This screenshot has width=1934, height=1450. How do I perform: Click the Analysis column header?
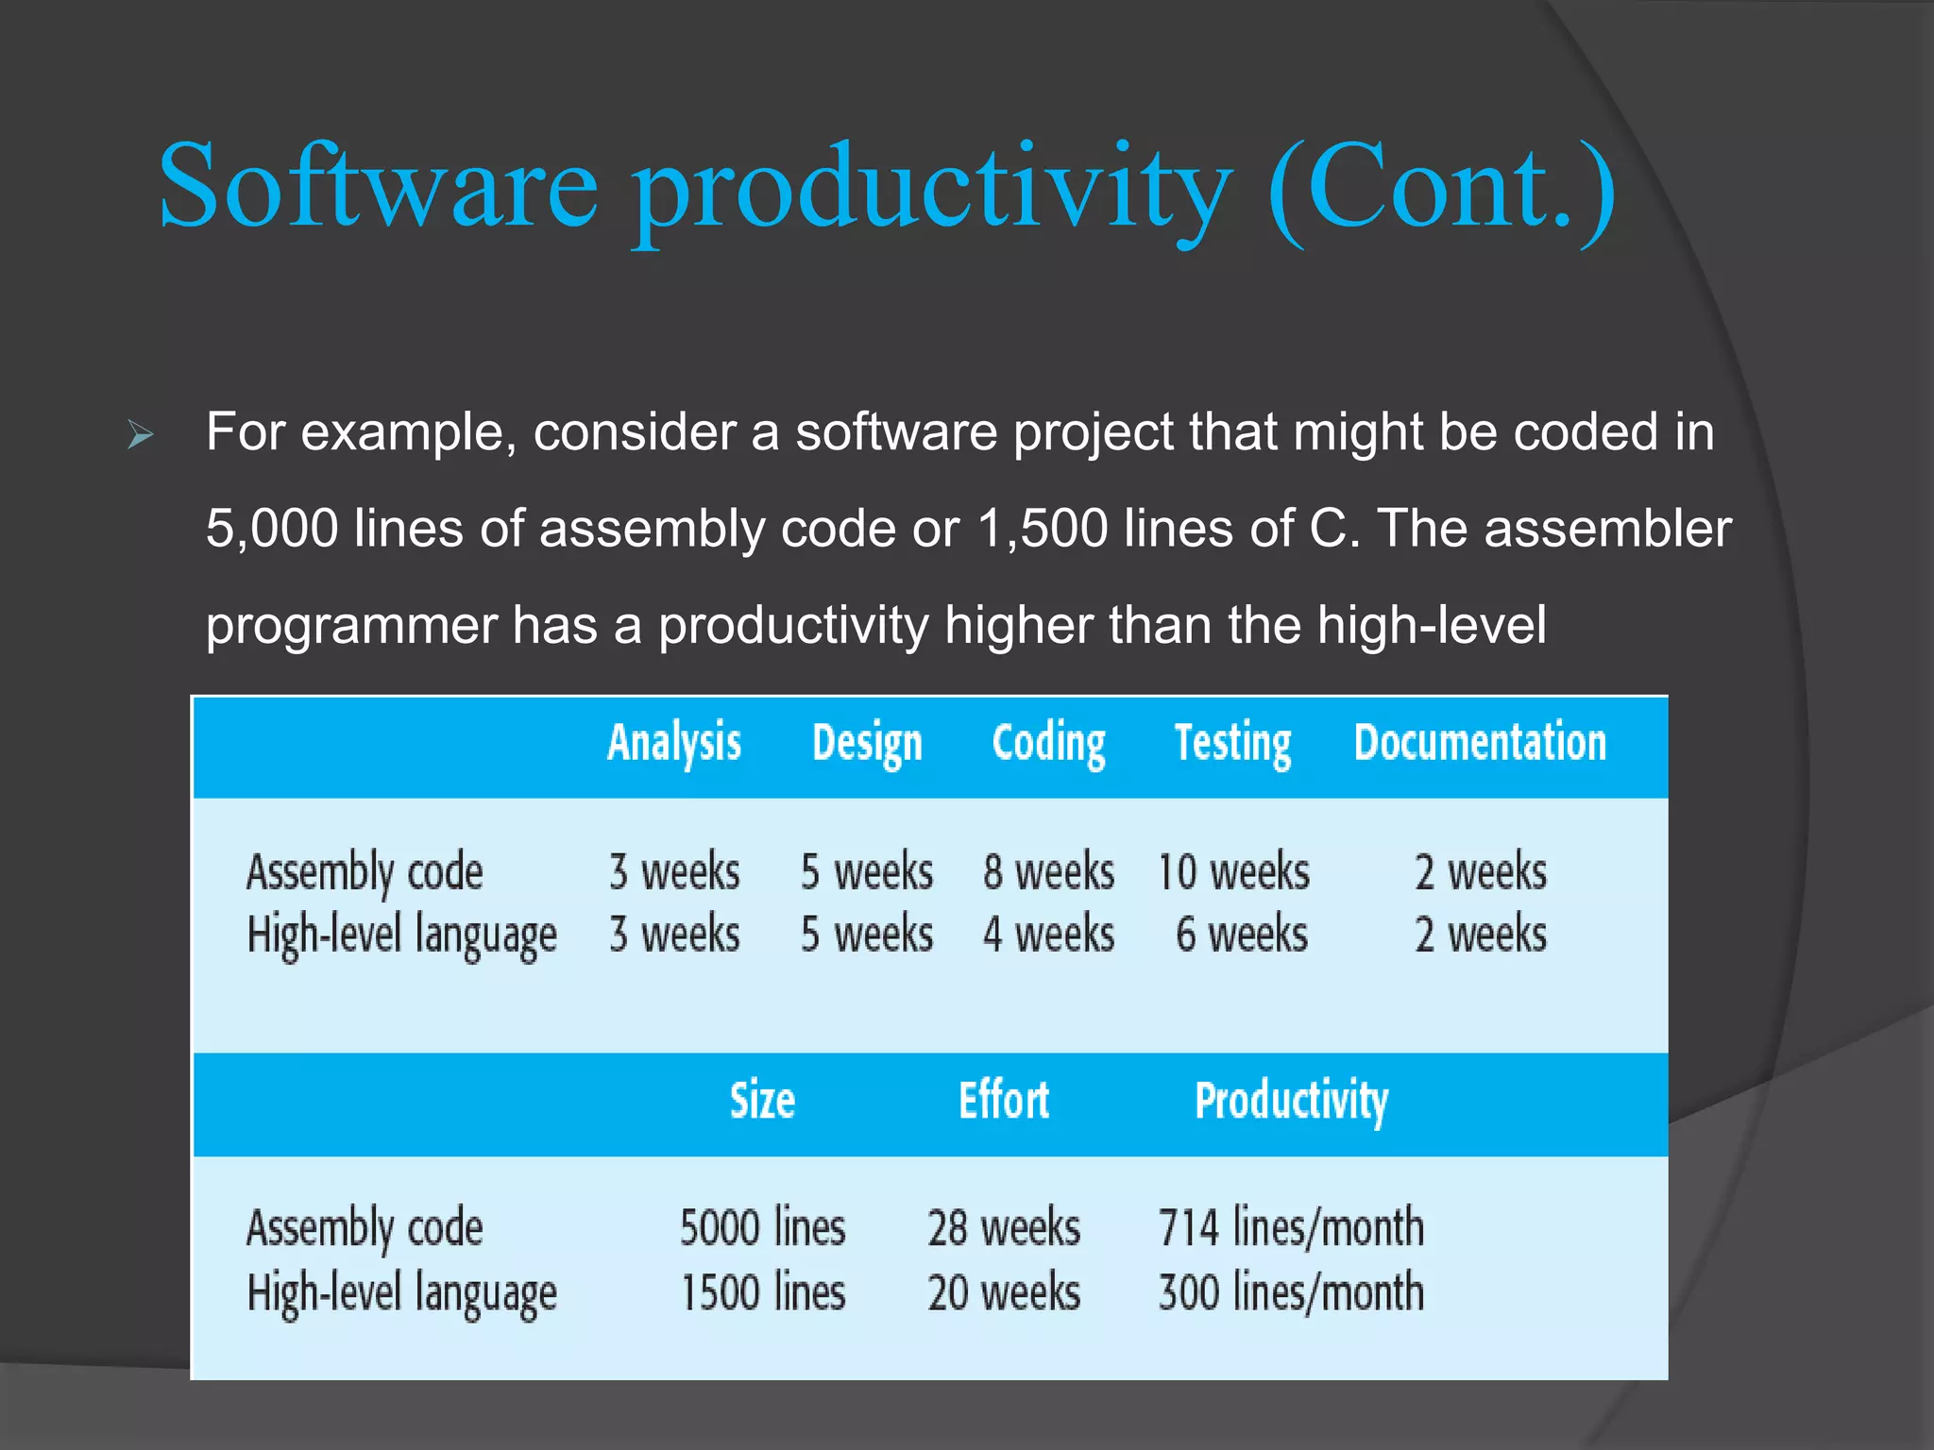coord(674,743)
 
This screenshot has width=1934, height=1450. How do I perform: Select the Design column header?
coord(867,743)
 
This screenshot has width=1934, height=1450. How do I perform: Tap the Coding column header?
coord(1048,743)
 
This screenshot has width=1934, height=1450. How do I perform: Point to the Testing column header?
coord(1232,743)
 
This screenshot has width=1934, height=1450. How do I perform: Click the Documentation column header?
coord(1480,743)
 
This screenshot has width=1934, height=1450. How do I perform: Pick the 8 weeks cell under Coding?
coord(1048,871)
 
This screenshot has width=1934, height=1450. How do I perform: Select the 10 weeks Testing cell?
coord(1233,871)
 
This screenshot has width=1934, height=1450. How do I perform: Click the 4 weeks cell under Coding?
coord(1048,935)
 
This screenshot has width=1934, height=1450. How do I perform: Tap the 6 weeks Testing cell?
coord(1242,935)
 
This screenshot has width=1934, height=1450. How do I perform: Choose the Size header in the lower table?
coord(762,1101)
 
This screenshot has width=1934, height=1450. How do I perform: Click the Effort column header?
coord(1004,1101)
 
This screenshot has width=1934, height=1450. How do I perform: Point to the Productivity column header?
coord(1291,1101)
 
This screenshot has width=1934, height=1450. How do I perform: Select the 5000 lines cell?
coord(762,1228)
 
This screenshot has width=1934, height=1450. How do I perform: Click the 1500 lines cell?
coord(762,1292)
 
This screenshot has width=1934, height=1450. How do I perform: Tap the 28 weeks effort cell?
coord(1004,1228)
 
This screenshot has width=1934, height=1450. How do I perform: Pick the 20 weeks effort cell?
coord(1004,1292)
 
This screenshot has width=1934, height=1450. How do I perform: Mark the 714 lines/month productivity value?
coord(1291,1228)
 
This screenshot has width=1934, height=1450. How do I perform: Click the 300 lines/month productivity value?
coord(1291,1292)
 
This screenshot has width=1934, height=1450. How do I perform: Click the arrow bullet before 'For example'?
coord(141,435)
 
